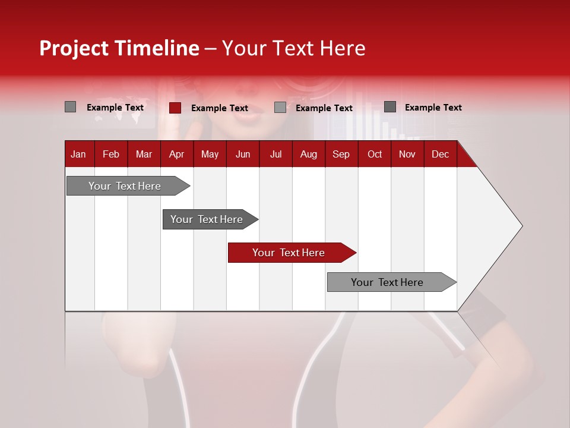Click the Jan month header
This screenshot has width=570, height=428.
coord(78,154)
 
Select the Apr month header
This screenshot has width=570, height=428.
coord(176,154)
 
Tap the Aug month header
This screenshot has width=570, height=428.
coord(308,154)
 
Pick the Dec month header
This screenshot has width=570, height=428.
coord(440,154)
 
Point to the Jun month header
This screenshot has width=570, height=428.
coord(242,154)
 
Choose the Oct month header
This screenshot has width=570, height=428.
coord(374,154)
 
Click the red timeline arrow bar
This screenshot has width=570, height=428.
coord(291,253)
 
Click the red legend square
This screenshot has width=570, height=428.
coord(175,108)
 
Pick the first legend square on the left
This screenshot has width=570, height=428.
coord(70,107)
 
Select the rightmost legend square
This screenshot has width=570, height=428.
coord(389,107)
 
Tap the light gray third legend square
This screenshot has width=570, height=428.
coord(280,108)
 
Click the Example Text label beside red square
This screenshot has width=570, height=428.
coord(219,108)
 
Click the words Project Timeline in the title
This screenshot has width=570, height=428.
coord(119,48)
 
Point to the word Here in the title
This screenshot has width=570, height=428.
coord(343,48)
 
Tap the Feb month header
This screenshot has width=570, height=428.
coord(110,154)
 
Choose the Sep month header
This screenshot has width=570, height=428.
coord(341,154)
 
